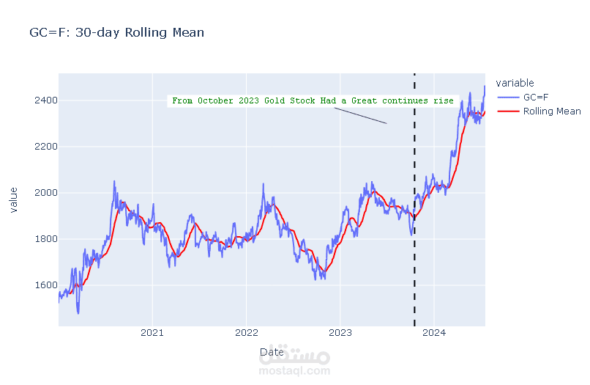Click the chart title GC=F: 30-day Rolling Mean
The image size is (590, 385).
point(116,32)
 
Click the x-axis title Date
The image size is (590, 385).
point(272,353)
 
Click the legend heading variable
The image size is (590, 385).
point(515,83)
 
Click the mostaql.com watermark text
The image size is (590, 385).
point(294,371)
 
